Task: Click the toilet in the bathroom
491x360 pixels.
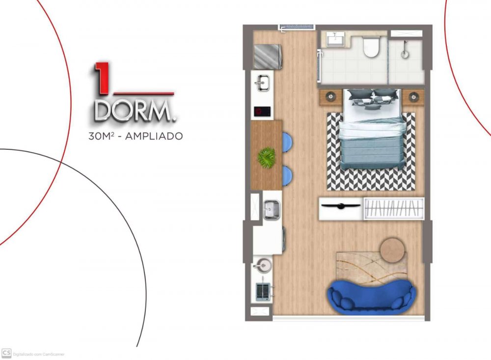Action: (x=371, y=47)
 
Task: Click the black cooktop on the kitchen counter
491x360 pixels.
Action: (x=262, y=111)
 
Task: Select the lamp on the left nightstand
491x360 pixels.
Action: (x=330, y=97)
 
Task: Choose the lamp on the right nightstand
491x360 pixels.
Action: (x=413, y=97)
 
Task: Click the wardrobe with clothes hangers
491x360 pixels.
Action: (x=393, y=208)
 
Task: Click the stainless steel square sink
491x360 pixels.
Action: (x=271, y=209)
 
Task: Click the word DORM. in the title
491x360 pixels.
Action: (x=135, y=111)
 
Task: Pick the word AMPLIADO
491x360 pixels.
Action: (x=154, y=137)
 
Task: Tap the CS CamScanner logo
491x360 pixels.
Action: (x=6, y=353)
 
